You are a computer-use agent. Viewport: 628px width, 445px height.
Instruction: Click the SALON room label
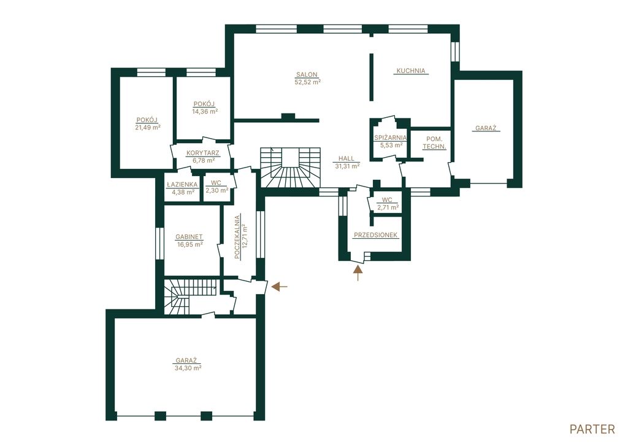click(307, 74)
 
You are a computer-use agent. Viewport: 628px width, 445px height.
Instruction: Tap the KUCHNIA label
click(410, 71)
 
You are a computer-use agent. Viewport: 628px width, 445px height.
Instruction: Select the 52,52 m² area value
click(308, 82)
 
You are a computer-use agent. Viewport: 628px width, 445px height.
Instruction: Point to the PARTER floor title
click(592, 430)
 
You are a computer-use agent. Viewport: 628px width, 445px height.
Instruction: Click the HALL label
click(346, 159)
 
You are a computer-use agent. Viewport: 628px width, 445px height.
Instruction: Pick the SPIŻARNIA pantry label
click(391, 137)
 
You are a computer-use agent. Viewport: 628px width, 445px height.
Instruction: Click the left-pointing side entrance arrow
click(280, 287)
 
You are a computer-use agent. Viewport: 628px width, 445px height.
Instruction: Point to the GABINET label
click(189, 237)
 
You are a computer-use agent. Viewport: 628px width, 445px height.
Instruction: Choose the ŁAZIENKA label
click(182, 185)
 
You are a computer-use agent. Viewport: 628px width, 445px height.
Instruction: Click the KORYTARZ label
click(202, 153)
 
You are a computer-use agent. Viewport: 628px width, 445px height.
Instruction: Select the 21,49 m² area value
click(148, 127)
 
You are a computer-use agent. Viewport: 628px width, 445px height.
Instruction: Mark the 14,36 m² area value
click(205, 112)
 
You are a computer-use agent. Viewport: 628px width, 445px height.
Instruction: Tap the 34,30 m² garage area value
click(188, 367)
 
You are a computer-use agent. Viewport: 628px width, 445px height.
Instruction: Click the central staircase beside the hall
click(291, 168)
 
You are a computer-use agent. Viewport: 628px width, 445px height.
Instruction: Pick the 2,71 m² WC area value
click(388, 207)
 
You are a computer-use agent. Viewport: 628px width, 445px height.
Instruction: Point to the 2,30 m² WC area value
click(216, 190)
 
